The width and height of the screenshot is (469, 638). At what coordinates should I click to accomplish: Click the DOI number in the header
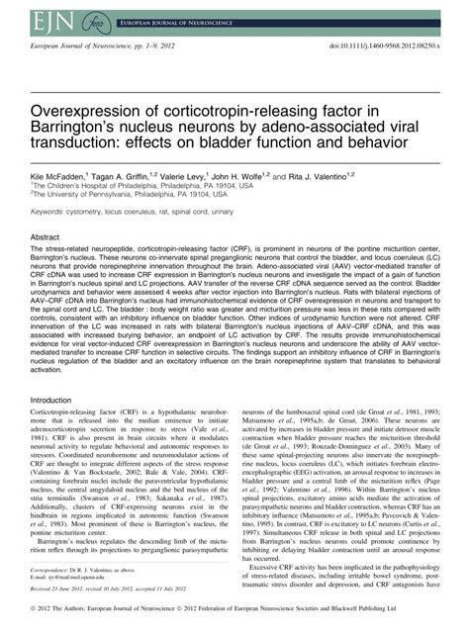396,46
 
